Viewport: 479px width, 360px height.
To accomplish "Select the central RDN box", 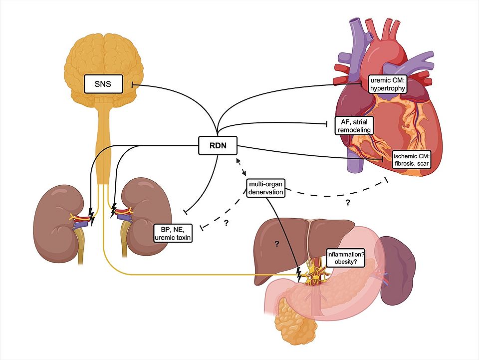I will (218, 145).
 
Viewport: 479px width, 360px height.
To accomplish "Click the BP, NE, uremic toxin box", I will (173, 233).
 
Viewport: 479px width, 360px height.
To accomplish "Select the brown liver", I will (284, 245).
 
